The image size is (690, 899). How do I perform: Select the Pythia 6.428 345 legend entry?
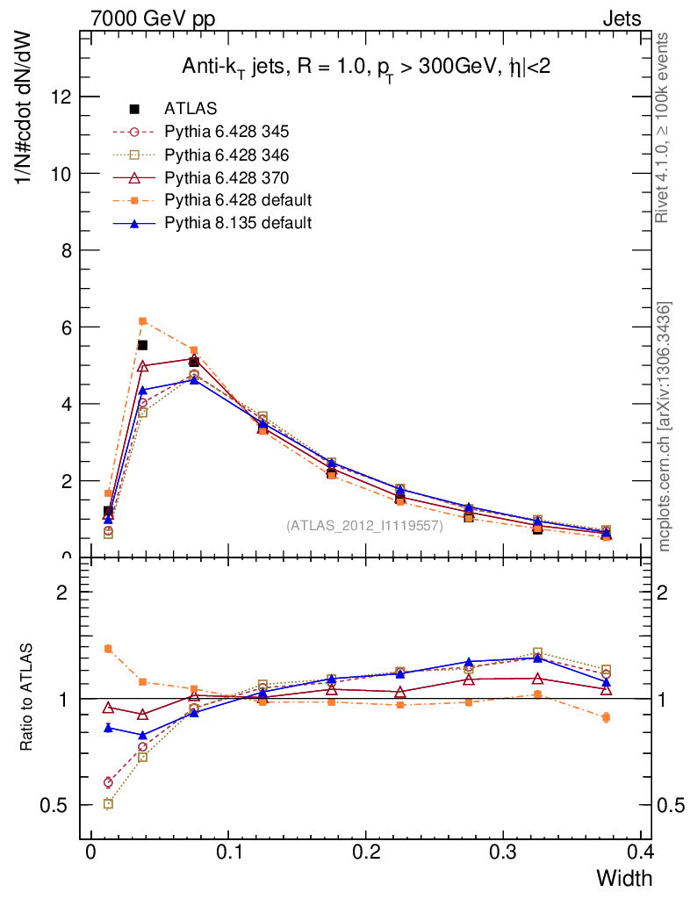coord(226,132)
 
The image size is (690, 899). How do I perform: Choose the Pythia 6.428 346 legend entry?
coord(226,155)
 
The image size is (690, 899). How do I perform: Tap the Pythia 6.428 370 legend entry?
coord(226,177)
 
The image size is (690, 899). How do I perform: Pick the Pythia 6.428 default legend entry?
coord(237,200)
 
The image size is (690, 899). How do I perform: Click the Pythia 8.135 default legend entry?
coord(237,223)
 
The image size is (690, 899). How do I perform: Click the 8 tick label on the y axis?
coord(66,250)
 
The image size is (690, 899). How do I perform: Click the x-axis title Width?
coord(624,878)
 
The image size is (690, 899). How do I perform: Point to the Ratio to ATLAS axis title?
coord(27,698)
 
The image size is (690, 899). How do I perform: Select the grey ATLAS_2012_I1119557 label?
coord(364,526)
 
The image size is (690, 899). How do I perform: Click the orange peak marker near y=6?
coord(143,321)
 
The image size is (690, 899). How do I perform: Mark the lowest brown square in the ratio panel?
coord(108,803)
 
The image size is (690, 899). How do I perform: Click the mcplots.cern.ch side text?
coord(665,427)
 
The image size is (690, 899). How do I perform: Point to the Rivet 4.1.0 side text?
coord(663,127)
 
